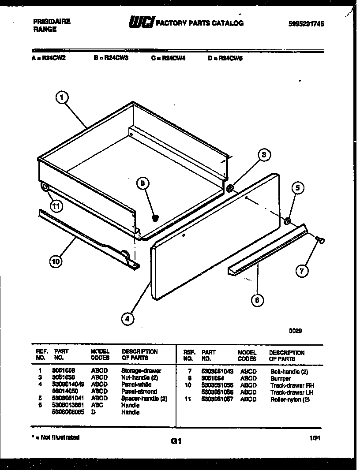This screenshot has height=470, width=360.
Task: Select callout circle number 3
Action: point(263,154)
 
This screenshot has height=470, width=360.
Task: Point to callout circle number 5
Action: point(297,188)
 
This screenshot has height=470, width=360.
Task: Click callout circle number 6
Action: point(257,301)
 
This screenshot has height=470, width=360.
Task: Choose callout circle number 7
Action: point(301,271)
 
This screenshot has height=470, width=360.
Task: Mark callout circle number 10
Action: point(56,261)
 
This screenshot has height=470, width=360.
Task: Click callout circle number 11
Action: point(56,205)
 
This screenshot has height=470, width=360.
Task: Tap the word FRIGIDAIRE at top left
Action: point(52,21)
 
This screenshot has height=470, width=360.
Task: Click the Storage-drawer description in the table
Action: point(141,371)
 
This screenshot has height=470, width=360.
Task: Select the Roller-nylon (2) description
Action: point(290,399)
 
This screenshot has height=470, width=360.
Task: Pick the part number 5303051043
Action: point(217,372)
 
